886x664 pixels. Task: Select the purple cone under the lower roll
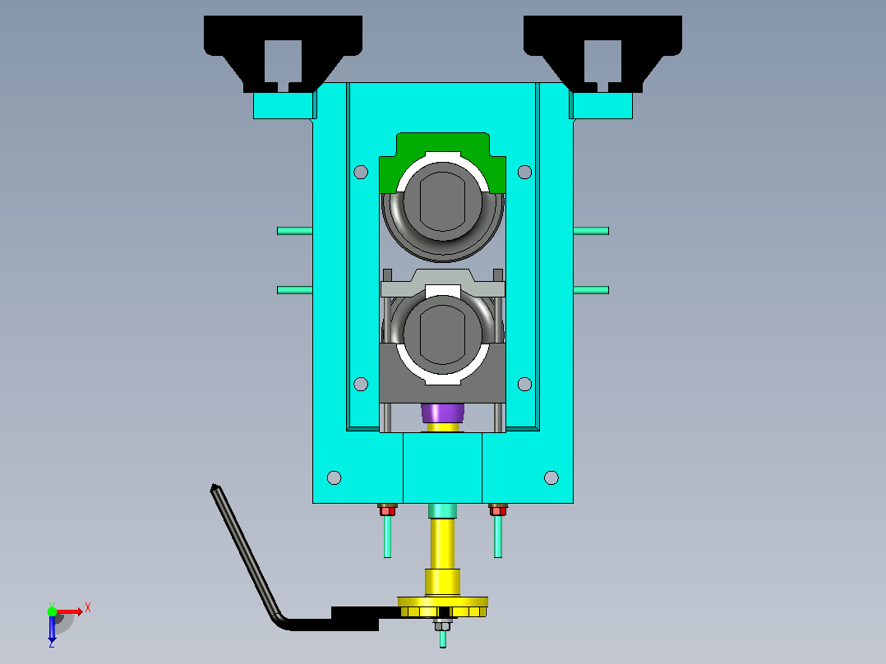point(442,413)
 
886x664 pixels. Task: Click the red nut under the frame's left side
point(387,511)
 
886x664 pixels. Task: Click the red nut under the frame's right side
point(498,511)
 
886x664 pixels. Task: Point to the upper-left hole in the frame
point(361,172)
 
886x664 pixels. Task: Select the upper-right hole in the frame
point(524,172)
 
